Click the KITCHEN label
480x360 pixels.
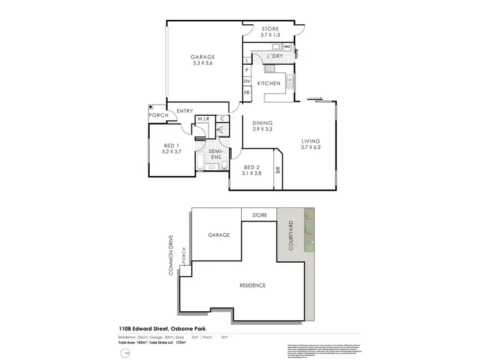(x=268, y=84)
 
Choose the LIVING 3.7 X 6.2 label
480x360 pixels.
(x=310, y=144)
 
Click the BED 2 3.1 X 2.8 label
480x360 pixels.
(x=252, y=169)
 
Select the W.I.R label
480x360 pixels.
(x=204, y=119)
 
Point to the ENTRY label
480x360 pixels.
(x=184, y=111)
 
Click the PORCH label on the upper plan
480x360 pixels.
(x=158, y=115)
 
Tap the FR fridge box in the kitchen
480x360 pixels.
(x=246, y=93)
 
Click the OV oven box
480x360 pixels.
(x=246, y=81)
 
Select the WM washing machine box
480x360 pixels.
(x=287, y=47)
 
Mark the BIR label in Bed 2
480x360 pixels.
(x=277, y=170)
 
